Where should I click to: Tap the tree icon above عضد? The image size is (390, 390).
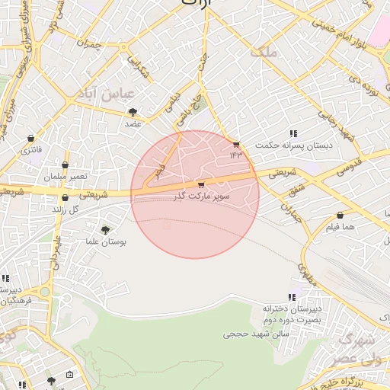[x=133, y=112]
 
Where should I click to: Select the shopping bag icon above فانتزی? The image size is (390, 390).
[x=30, y=139]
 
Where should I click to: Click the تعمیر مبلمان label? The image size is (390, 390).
[x=66, y=177]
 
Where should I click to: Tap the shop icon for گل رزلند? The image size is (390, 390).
[x=65, y=198]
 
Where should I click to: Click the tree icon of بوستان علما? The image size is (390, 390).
[x=105, y=229]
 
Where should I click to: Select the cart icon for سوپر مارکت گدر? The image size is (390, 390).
[x=200, y=184]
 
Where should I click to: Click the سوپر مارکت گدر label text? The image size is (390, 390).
[x=200, y=196]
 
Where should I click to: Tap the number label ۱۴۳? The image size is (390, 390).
[x=236, y=155]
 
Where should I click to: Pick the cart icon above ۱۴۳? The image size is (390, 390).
[x=236, y=144]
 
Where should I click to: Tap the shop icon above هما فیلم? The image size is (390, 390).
[x=339, y=216]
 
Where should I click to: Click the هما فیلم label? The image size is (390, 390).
[x=339, y=227]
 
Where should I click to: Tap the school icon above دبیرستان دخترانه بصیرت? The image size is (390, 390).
[x=292, y=297]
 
